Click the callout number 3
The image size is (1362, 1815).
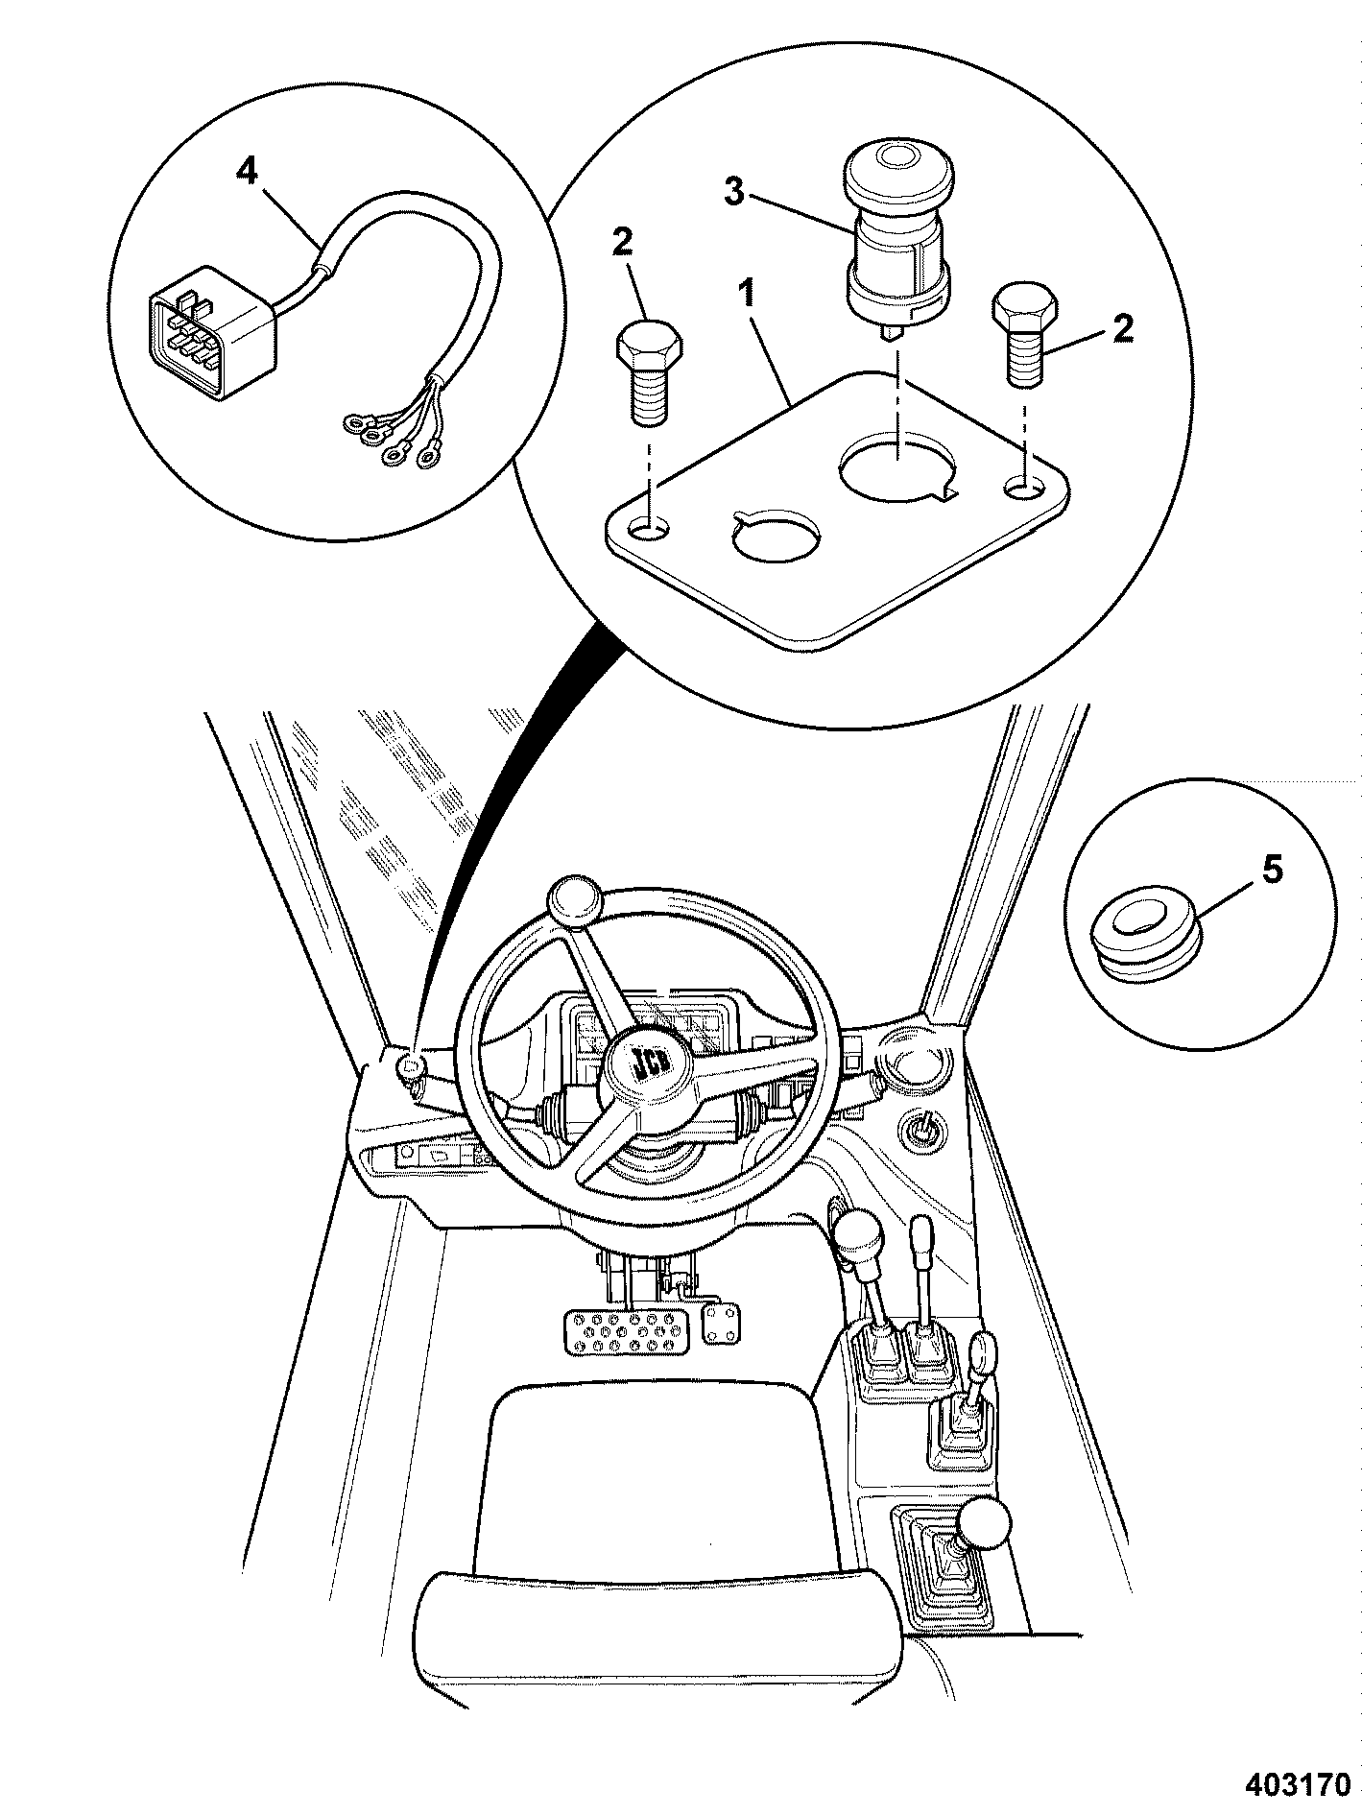(733, 193)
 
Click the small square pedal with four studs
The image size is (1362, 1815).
(720, 1320)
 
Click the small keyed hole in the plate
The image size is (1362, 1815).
(777, 536)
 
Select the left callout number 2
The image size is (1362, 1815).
(622, 243)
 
